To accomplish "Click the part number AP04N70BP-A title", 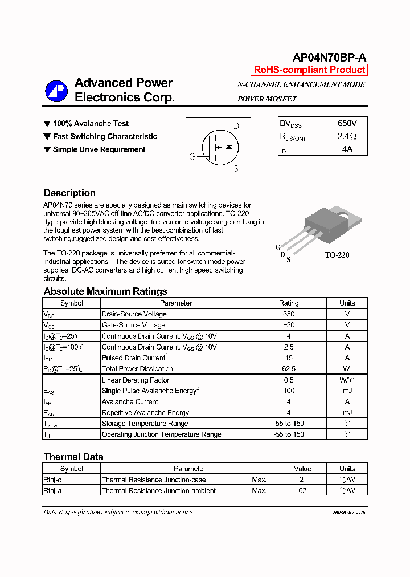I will point(329,58).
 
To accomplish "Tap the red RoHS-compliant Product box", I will point(309,70).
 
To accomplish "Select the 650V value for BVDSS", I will point(347,123).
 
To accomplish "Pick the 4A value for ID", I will point(347,149).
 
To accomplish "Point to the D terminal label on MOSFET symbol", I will point(236,126).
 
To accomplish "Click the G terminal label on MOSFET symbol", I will point(192,157).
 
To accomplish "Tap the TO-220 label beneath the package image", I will point(337,255).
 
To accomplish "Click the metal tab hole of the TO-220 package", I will point(343,214).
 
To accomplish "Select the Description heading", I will point(69,193).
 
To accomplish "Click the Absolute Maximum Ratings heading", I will point(105,291).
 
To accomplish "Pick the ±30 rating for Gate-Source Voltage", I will point(289,325).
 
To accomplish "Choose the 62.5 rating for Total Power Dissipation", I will point(289,369).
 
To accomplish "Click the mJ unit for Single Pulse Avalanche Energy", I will point(347,391).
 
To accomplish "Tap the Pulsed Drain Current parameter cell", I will point(134,358).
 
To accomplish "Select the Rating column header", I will point(289,303).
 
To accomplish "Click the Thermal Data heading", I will point(73,457).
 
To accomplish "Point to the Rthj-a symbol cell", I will point(56,491).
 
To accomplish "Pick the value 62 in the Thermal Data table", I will point(302,491).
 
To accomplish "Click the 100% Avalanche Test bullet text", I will point(91,124).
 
